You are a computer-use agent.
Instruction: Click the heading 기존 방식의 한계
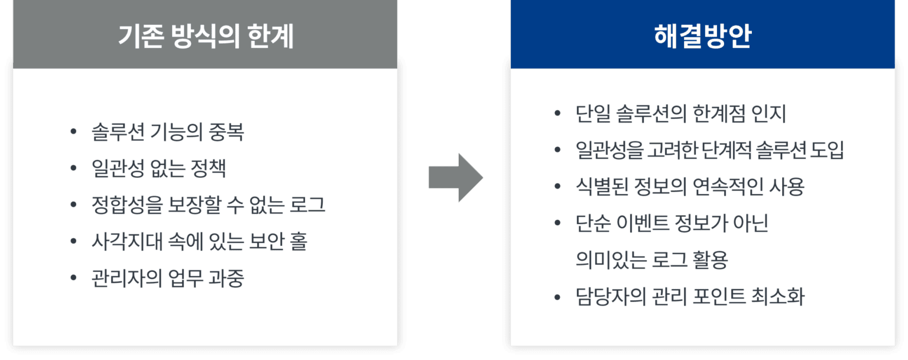pos(205,37)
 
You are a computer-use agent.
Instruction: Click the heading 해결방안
pos(702,37)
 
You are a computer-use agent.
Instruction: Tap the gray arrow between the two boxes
pos(455,178)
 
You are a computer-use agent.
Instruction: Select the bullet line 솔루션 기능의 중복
pos(168,132)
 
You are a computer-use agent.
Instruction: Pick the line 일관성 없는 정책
pos(159,168)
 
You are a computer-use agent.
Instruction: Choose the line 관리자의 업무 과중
pos(168,278)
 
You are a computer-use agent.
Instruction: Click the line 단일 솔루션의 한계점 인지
pos(680,113)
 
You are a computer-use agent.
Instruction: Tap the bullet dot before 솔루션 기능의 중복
pos(73,132)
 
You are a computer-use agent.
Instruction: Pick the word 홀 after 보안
pos(299,241)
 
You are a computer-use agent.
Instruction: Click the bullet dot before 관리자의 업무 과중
pos(73,278)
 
